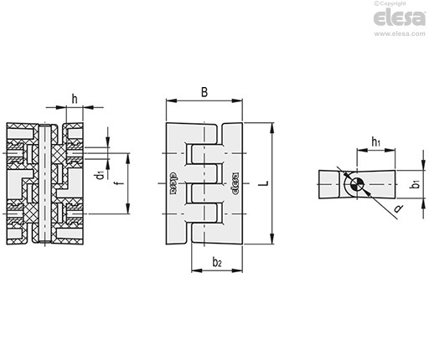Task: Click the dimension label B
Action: [x=204, y=92]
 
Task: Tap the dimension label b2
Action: [x=217, y=262]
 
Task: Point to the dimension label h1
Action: [x=375, y=142]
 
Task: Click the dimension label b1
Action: [x=416, y=184]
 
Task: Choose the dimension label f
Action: [x=121, y=183]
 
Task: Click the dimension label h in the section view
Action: [x=75, y=99]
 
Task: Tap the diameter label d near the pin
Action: [x=398, y=208]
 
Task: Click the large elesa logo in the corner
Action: [x=400, y=18]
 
